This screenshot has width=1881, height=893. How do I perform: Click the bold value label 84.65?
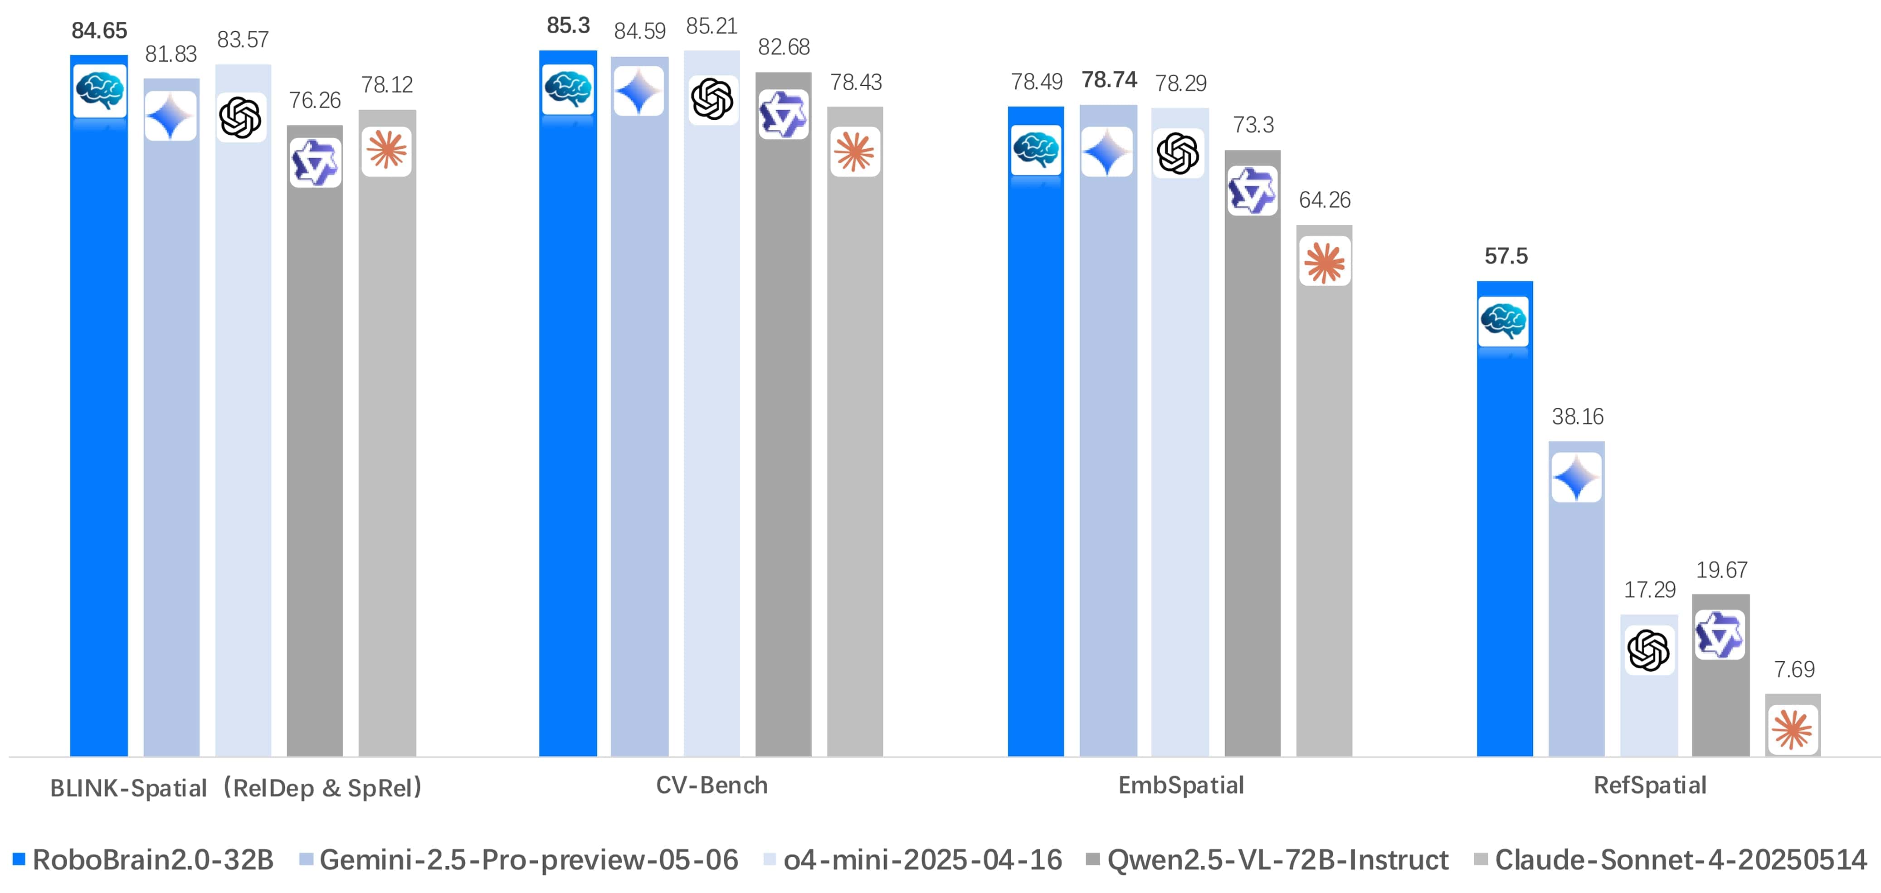[x=99, y=31]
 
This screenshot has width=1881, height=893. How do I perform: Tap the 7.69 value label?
[x=1794, y=669]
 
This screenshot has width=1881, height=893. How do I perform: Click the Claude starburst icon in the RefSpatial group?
[x=1793, y=729]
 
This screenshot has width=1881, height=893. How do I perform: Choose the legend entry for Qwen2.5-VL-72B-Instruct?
[x=1267, y=859]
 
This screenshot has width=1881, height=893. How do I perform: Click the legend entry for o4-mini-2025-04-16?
[x=913, y=859]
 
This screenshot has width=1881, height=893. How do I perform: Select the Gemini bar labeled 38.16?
[x=1577, y=620]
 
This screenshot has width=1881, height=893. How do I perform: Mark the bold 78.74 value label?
[x=1108, y=79]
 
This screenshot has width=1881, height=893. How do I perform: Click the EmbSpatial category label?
[x=1181, y=785]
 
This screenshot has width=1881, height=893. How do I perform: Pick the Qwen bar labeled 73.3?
[x=1252, y=474]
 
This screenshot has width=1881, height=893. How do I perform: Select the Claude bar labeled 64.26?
[x=1324, y=511]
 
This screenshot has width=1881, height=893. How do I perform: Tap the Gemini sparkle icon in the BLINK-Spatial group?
[x=170, y=116]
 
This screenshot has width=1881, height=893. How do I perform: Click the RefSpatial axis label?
[x=1650, y=785]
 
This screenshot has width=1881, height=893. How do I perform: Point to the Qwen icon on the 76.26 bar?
[x=315, y=163]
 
